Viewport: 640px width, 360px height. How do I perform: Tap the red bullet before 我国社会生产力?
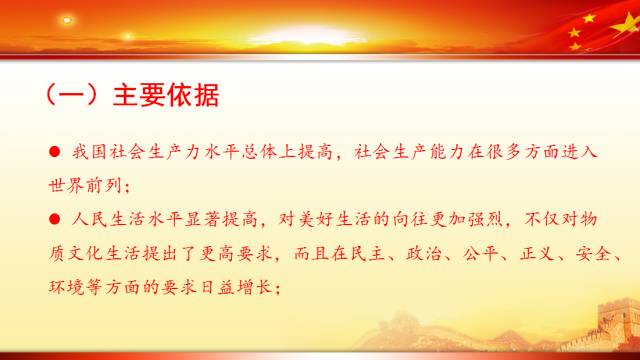tap(55, 152)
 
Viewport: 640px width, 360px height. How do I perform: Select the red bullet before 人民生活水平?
tap(55, 215)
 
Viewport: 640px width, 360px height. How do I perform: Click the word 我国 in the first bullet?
tap(87, 152)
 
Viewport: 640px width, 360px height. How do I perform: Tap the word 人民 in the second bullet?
tap(87, 215)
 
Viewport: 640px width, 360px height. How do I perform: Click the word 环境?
tap(66, 282)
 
